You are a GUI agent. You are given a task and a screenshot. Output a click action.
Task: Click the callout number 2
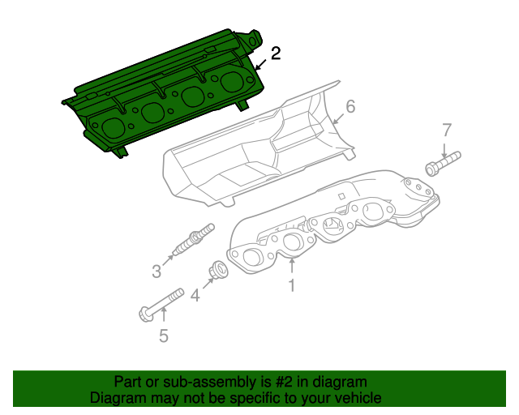276,53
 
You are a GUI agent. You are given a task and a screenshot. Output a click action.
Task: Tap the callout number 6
350,106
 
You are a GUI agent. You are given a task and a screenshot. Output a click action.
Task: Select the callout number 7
447,130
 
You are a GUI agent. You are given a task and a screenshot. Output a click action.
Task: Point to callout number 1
292,285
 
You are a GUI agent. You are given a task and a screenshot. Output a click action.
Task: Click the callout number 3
157,271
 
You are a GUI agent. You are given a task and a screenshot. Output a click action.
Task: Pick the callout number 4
195,295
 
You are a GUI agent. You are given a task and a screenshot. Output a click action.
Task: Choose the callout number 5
164,336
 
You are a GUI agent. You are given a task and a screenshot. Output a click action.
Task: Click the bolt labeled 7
443,164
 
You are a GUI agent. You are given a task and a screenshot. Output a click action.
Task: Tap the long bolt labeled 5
161,305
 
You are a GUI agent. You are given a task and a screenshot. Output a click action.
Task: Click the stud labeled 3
193,239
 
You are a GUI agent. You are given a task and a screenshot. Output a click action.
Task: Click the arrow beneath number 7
444,150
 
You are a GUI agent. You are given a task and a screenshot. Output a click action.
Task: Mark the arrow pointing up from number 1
292,266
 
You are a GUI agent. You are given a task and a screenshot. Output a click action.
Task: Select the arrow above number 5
163,314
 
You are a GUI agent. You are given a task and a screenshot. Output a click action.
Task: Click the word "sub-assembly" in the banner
210,382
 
